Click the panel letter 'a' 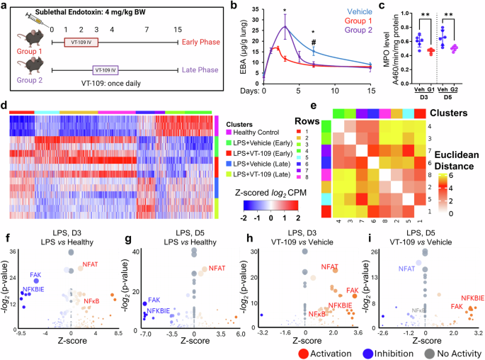point(5,6)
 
